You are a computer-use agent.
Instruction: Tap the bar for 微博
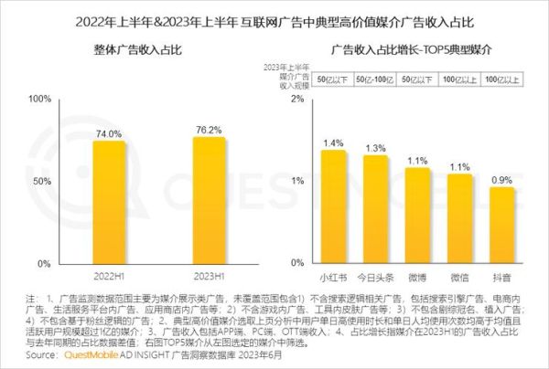[418, 216]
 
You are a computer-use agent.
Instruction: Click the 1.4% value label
[333, 143]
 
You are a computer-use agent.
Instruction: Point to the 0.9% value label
[502, 180]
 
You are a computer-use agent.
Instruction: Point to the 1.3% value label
[375, 148]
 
